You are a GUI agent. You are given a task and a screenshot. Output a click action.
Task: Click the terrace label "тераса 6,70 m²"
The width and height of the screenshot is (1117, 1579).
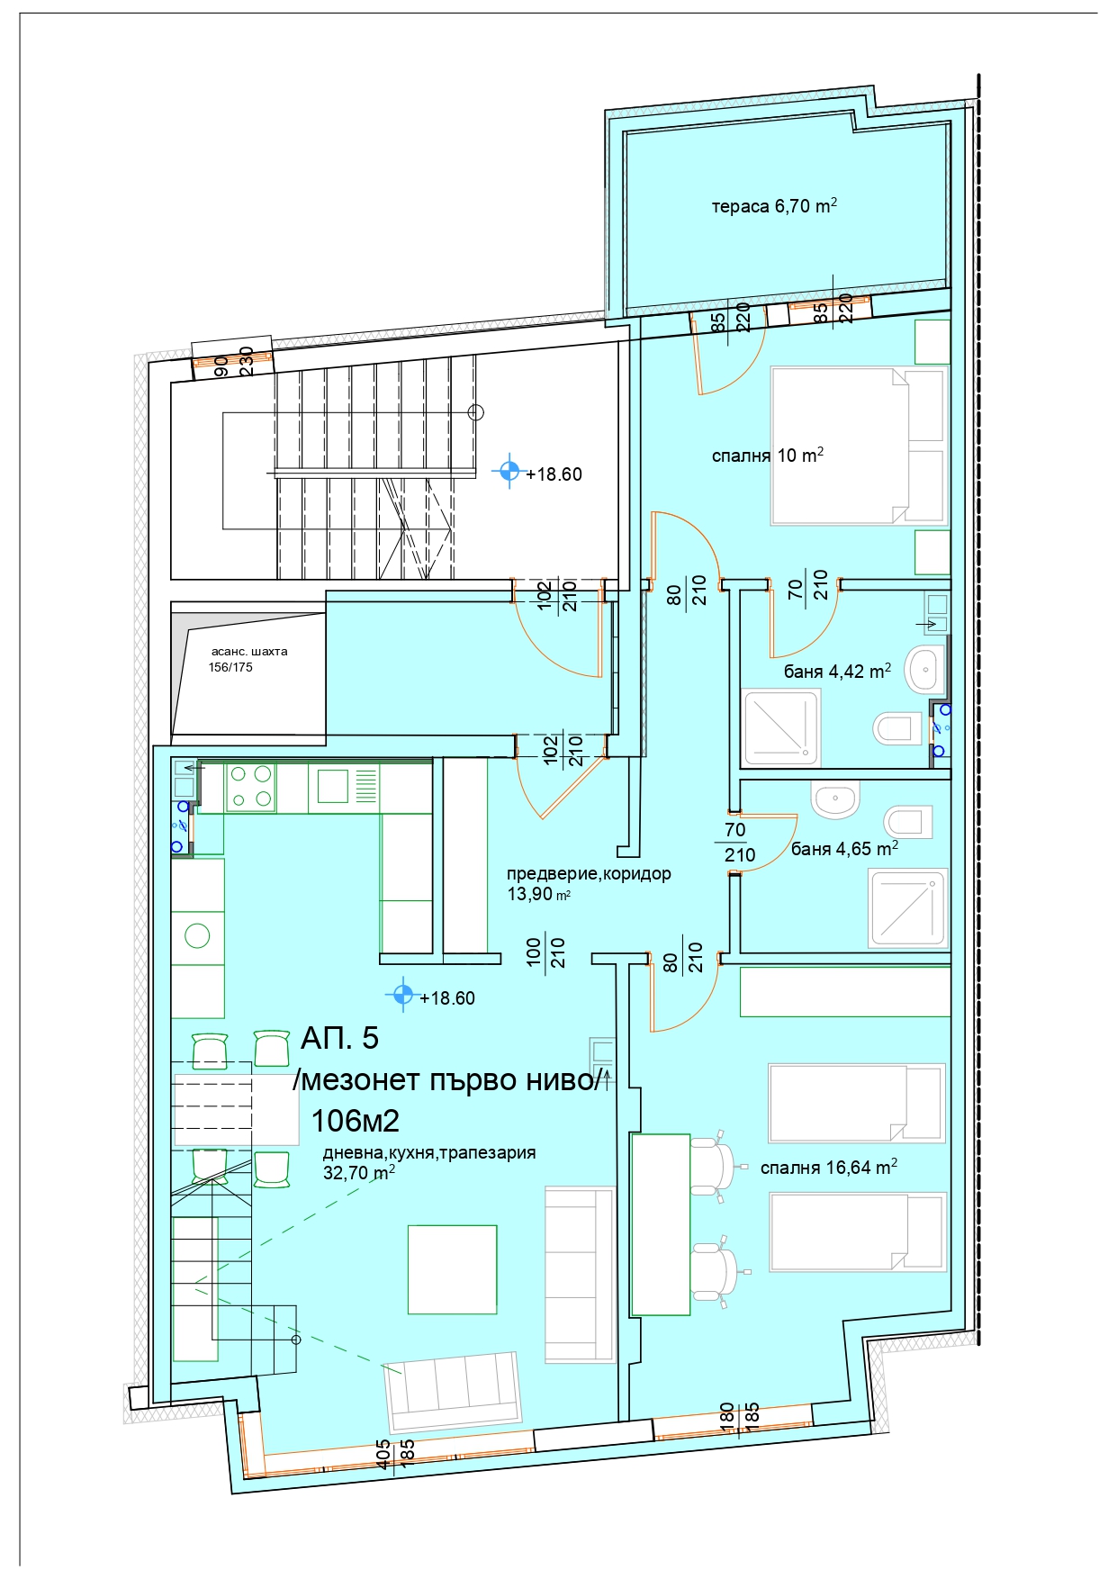[x=774, y=206]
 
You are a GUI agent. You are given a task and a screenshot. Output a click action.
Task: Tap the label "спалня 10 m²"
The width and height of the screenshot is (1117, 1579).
[x=767, y=456]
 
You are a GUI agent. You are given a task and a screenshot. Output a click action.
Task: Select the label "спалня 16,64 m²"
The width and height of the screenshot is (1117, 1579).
[x=828, y=1167]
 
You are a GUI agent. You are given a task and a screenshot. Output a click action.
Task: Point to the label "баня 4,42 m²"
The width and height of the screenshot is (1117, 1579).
[x=837, y=671]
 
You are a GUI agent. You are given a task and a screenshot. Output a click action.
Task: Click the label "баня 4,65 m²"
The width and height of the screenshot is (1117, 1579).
[x=844, y=848]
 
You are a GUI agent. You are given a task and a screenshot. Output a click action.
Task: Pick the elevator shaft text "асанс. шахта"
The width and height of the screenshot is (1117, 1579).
[x=249, y=651]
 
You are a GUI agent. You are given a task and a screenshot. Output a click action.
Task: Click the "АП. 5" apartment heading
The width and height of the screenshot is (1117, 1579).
[x=339, y=1038]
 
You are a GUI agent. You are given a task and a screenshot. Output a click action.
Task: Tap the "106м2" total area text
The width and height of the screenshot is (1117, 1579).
[x=355, y=1121]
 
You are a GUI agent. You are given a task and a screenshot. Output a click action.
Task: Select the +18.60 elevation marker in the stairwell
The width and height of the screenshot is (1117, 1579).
[x=541, y=473]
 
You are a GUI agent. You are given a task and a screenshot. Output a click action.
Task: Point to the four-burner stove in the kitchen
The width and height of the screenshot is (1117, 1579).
[x=250, y=787]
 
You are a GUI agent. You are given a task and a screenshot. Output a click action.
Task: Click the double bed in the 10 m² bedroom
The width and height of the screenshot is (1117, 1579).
[x=858, y=446]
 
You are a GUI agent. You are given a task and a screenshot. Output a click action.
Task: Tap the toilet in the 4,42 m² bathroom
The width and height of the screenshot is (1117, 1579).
[x=898, y=727]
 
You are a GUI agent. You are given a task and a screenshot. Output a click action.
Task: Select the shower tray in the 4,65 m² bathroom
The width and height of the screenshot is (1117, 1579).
[x=907, y=907]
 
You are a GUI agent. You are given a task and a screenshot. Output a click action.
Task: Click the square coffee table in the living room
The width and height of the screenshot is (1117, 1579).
[x=452, y=1269]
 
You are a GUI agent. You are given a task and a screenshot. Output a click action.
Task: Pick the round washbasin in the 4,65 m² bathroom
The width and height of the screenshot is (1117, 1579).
[x=836, y=799]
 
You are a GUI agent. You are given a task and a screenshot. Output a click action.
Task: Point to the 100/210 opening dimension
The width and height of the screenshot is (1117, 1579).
[x=545, y=952]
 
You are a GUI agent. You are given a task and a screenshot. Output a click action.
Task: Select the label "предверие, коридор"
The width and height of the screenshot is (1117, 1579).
[x=588, y=873]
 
